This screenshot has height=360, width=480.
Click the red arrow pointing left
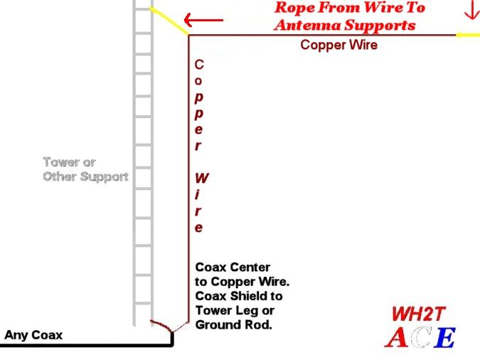click(203, 20)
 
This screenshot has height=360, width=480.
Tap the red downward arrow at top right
click(471, 10)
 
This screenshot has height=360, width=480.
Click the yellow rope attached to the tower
click(169, 21)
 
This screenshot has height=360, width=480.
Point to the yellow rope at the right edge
click(468, 35)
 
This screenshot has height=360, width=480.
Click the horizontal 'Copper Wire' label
click(339, 45)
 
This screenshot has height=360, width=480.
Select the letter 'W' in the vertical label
click(202, 178)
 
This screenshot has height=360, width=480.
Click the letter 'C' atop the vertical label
click(199, 65)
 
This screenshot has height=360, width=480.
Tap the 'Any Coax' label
click(33, 335)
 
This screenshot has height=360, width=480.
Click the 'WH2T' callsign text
click(418, 314)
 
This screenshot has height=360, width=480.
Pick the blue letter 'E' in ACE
click(446, 338)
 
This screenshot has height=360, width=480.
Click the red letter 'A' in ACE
click(397, 337)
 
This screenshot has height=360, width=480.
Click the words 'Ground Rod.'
click(233, 324)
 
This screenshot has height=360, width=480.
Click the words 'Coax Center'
click(233, 268)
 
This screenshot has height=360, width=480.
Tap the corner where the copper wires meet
click(189, 36)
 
